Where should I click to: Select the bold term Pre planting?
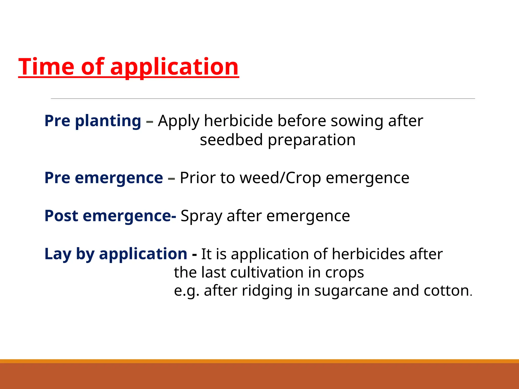92,121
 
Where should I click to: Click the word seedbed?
231,140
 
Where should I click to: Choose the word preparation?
311,140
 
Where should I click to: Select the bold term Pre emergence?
103,178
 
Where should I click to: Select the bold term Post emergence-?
110,216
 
